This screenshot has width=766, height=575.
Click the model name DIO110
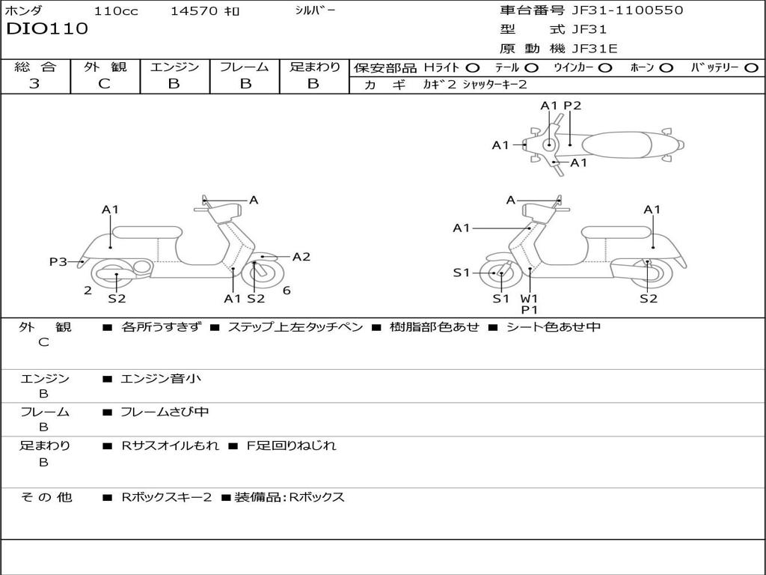(47, 29)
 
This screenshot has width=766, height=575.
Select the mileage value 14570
(194, 11)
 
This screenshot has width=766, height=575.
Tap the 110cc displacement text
(114, 11)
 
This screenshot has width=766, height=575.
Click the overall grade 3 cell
(34, 84)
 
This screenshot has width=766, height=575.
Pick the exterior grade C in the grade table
(104, 84)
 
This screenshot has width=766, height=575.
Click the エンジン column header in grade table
(174, 67)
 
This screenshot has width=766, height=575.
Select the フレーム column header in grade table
(245, 67)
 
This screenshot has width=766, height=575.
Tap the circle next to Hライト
(473, 68)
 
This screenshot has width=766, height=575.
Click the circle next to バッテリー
(751, 68)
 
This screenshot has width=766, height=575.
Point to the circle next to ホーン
(667, 68)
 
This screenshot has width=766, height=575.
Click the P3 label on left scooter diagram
(58, 261)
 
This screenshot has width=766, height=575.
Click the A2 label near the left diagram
(301, 257)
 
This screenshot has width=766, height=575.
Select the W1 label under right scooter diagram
(530, 298)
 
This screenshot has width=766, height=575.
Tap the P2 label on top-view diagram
(572, 106)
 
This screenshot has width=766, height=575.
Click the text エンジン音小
(161, 379)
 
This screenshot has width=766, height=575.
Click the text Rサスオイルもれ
(171, 445)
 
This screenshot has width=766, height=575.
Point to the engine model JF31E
(594, 49)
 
